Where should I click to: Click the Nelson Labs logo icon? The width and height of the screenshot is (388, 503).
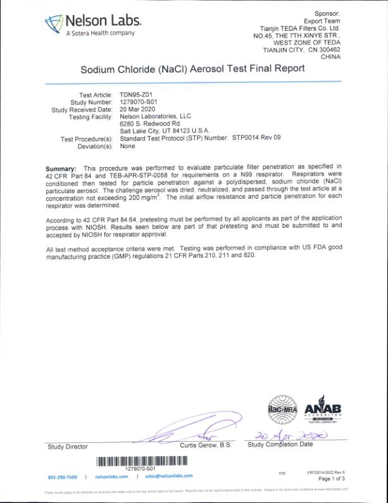[x=53, y=24]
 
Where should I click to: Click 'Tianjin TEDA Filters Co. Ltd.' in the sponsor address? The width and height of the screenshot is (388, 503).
[x=300, y=28]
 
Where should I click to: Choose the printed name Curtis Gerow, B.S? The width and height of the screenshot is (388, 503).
[x=206, y=446]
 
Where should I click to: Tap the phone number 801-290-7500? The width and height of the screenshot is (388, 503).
[x=63, y=476]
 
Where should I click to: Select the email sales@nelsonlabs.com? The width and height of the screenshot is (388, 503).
[x=168, y=476]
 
